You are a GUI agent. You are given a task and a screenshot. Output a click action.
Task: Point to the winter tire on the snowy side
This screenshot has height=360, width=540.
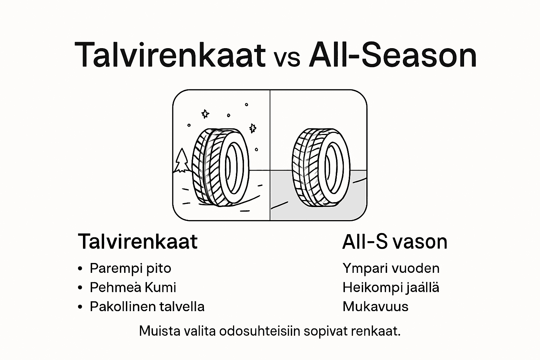220,166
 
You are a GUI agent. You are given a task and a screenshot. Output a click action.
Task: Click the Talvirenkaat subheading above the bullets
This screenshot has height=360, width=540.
138,242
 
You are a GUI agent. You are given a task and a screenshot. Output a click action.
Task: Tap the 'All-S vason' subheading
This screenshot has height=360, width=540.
394,242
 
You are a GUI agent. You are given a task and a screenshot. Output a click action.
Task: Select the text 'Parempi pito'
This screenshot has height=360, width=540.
130,268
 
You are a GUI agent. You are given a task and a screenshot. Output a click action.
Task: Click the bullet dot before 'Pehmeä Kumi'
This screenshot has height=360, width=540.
80,288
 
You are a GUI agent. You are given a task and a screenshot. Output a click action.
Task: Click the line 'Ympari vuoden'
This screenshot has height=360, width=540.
391,268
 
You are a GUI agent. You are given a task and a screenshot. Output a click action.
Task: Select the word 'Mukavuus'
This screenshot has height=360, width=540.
375,307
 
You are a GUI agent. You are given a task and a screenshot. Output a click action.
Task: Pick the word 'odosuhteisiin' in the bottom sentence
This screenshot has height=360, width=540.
259,331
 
